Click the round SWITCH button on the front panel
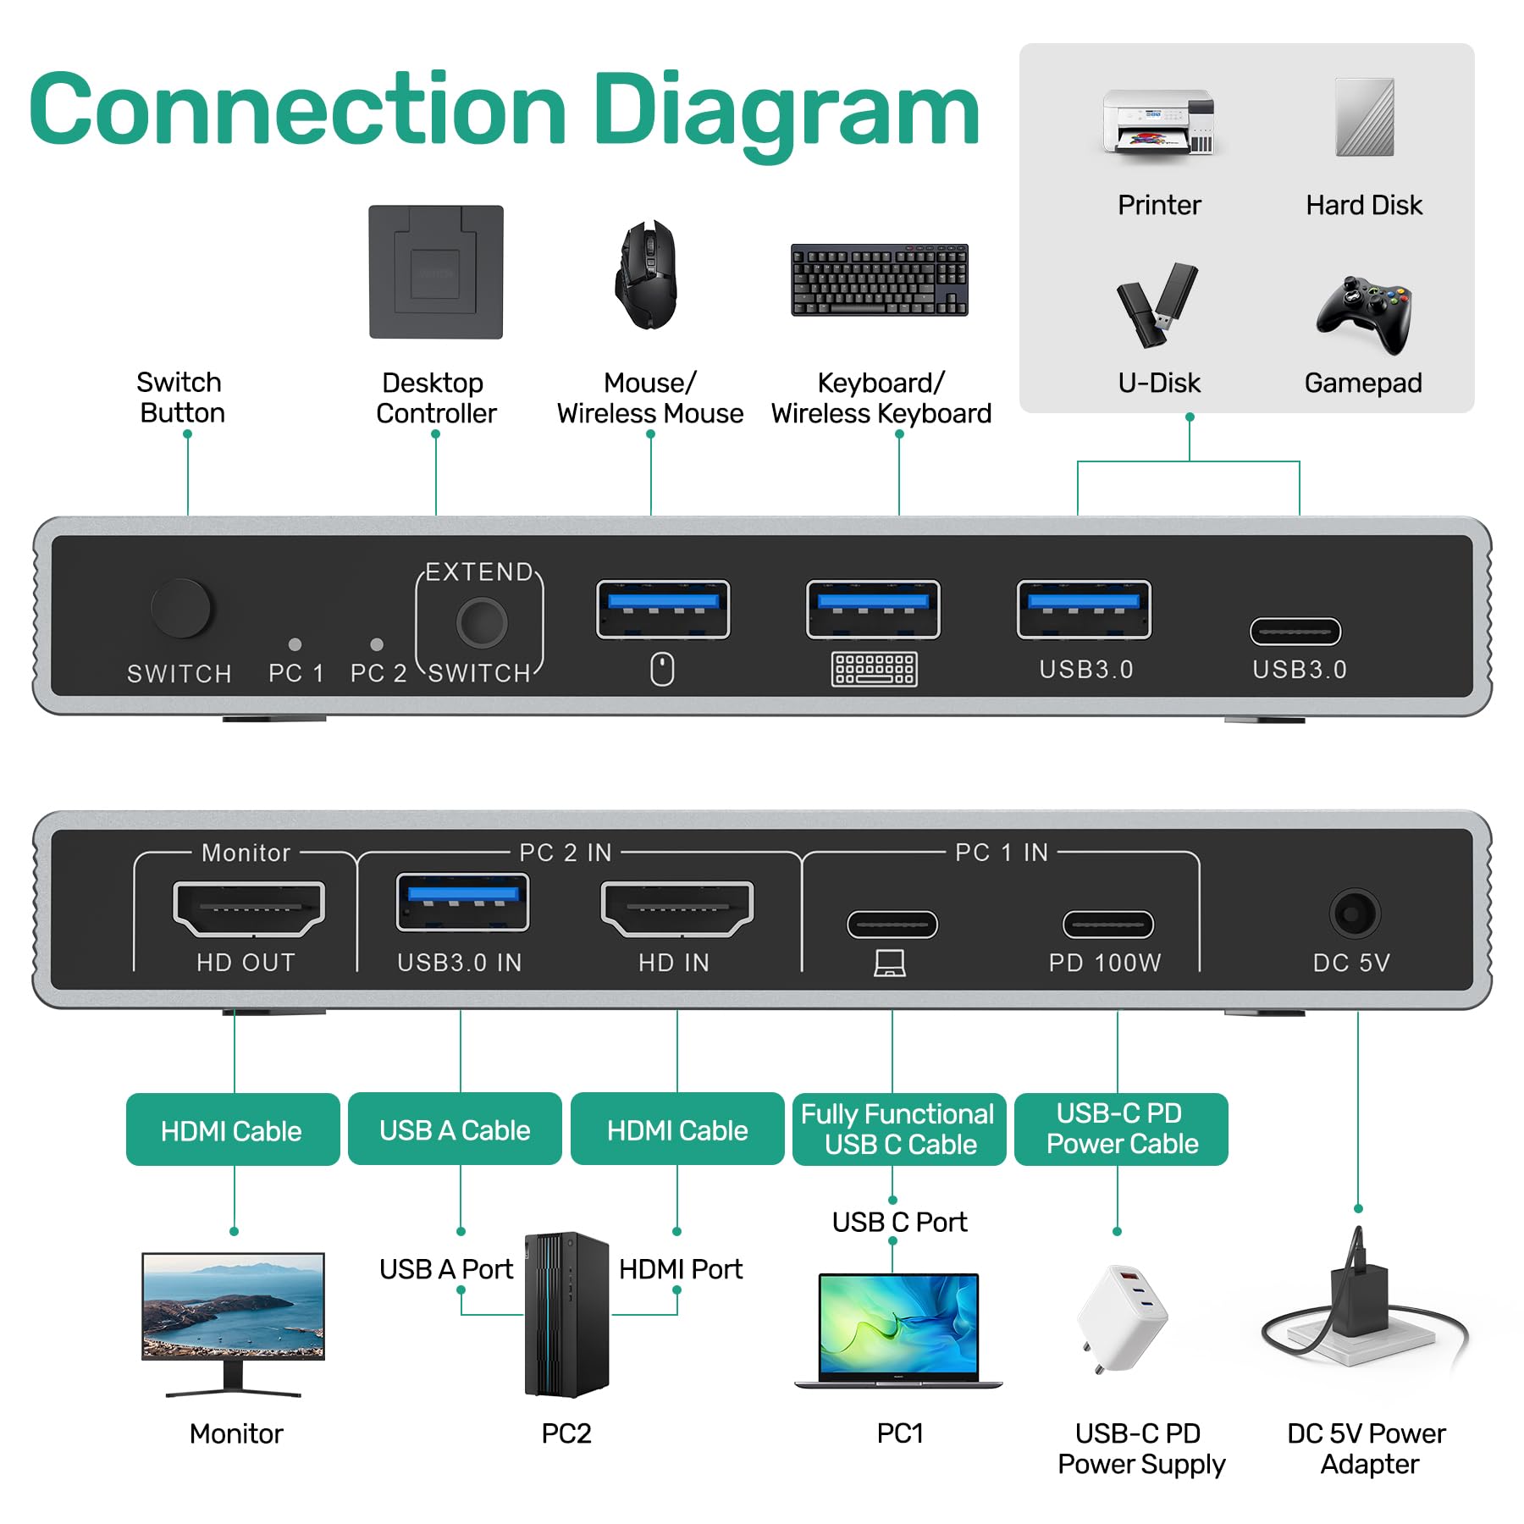click(x=180, y=608)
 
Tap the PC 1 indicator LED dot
click(x=295, y=644)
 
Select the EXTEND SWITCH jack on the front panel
click(x=481, y=622)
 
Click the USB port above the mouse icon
click(x=663, y=609)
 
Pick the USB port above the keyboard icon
click(x=873, y=609)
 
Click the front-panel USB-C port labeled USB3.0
click(x=1295, y=632)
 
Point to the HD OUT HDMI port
click(x=248, y=908)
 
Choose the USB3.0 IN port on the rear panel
click(x=462, y=903)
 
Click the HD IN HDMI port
click(x=676, y=908)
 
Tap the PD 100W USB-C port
click(x=1107, y=925)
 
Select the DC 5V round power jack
click(x=1355, y=914)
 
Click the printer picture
click(x=1159, y=122)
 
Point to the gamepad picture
click(x=1363, y=312)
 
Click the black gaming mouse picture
click(x=647, y=274)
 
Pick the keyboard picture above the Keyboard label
click(x=879, y=280)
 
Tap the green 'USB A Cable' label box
click(x=455, y=1129)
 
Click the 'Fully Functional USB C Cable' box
click(x=898, y=1129)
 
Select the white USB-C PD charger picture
click(x=1121, y=1317)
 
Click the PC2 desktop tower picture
click(x=566, y=1314)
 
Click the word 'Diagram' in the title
click(x=786, y=111)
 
